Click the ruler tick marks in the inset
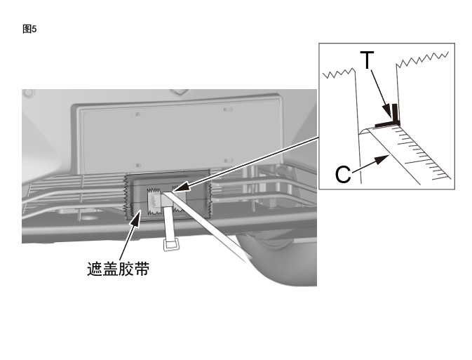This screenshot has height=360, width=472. click(x=429, y=157)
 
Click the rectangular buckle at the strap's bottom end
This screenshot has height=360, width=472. click(x=170, y=245)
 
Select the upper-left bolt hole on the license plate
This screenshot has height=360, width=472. click(x=137, y=112)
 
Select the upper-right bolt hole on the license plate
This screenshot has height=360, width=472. click(x=225, y=110)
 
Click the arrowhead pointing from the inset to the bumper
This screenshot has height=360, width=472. click(x=176, y=189)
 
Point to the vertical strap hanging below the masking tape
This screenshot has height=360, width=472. click(x=168, y=225)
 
